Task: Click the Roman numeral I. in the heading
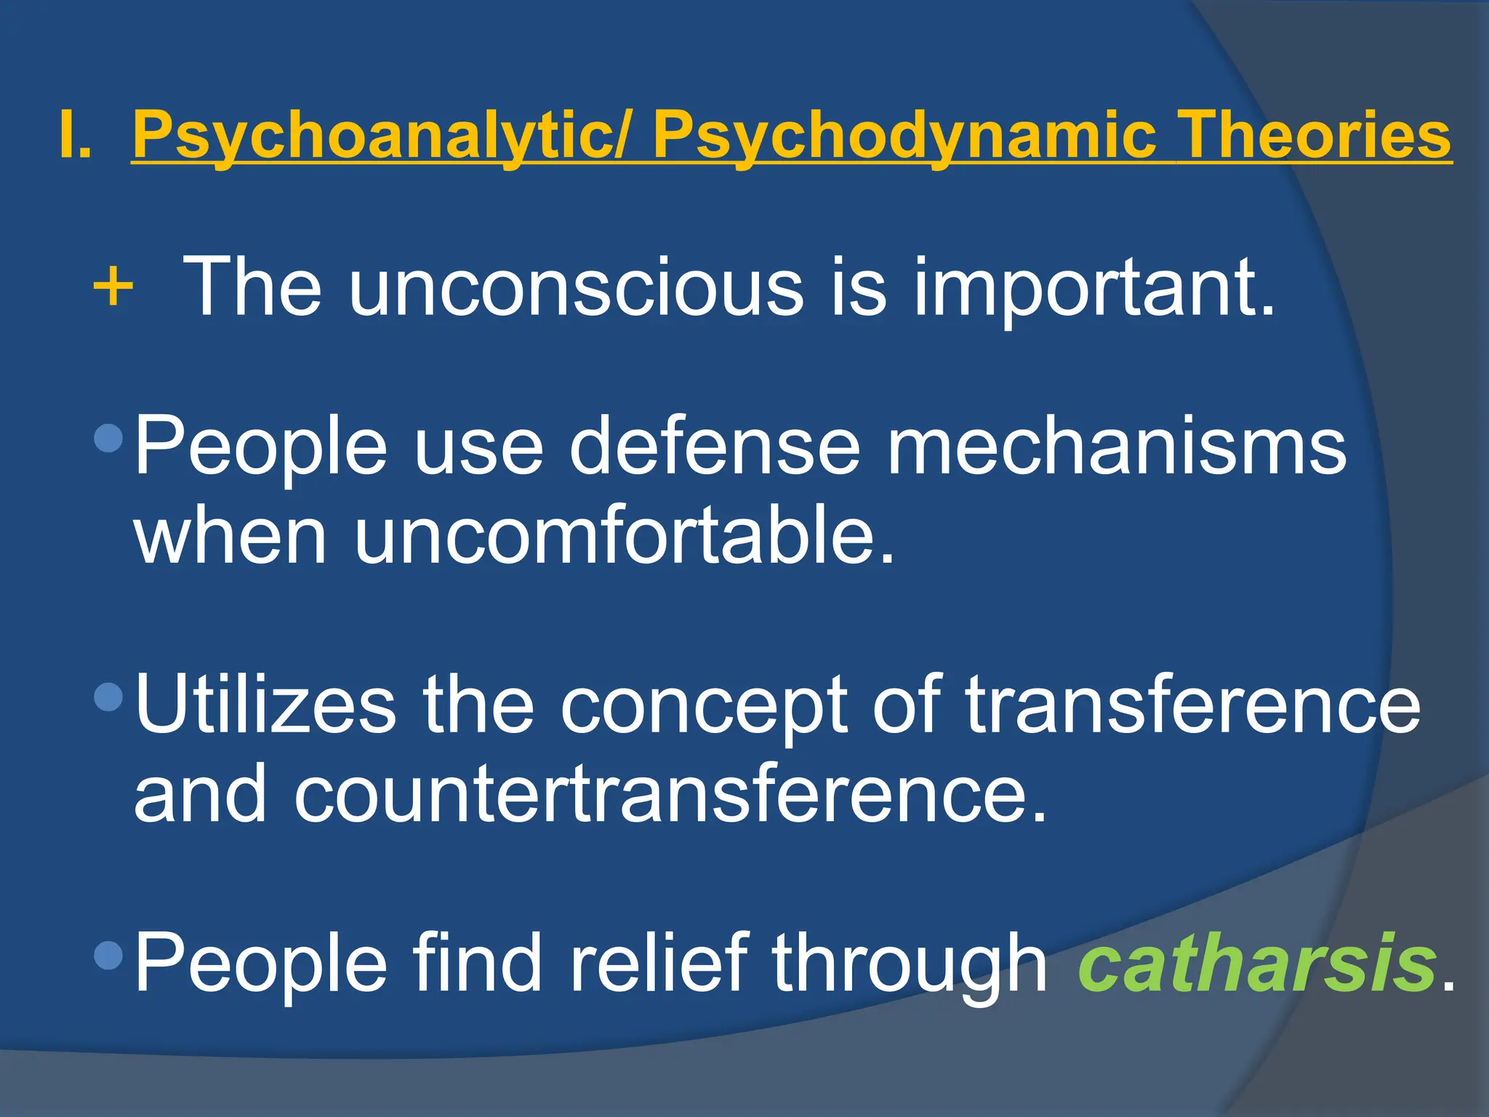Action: click(x=76, y=135)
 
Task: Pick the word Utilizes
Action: click(x=265, y=705)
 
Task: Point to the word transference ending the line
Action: click(x=1192, y=705)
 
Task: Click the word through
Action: click(x=910, y=964)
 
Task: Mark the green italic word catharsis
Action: click(x=1258, y=963)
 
